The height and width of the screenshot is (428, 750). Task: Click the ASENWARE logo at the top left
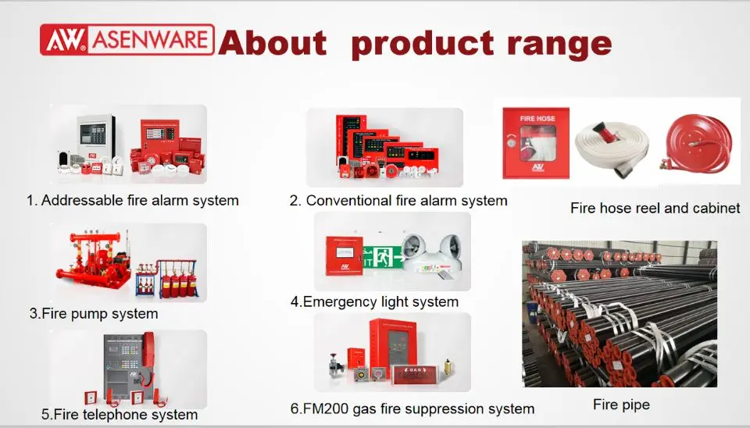coord(126,40)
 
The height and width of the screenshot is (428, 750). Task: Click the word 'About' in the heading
coord(273,42)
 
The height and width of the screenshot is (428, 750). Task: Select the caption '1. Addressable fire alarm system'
coord(132,201)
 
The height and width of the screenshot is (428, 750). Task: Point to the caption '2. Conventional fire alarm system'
coord(398,201)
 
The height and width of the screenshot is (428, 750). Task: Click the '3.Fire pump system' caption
coord(94,314)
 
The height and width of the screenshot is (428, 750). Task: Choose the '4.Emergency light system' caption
coord(374,301)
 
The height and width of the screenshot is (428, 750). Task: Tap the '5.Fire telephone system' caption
coord(119,415)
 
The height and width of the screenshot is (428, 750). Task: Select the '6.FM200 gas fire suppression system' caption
coord(412,408)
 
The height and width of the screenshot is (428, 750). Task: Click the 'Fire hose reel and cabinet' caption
coord(655,209)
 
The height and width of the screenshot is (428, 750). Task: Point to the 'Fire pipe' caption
coord(620,405)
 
